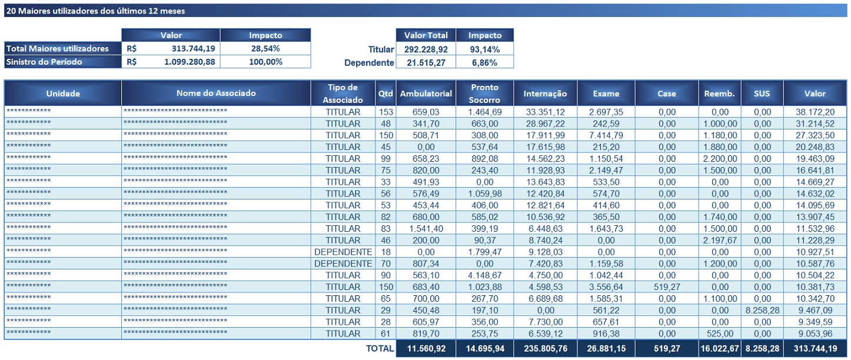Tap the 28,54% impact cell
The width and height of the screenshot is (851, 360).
(265, 49)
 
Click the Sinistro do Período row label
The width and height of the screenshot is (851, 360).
(45, 62)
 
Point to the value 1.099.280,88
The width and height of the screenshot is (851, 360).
(190, 62)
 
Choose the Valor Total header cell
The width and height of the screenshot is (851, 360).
(425, 35)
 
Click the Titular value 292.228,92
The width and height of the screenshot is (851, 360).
(425, 49)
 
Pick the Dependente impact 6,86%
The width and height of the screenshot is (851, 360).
(484, 62)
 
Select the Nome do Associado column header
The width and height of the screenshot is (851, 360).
(216, 93)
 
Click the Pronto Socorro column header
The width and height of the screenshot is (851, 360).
(484, 93)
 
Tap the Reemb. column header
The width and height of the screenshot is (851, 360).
(719, 93)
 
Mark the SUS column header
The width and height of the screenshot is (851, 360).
(762, 93)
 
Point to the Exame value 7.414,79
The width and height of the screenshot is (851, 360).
(606, 135)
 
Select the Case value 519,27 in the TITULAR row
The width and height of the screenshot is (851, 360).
(667, 286)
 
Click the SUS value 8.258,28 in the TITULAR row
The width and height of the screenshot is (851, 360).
(762, 310)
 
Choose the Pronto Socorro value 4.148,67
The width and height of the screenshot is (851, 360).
(484, 275)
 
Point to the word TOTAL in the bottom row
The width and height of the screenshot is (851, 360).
(380, 348)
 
